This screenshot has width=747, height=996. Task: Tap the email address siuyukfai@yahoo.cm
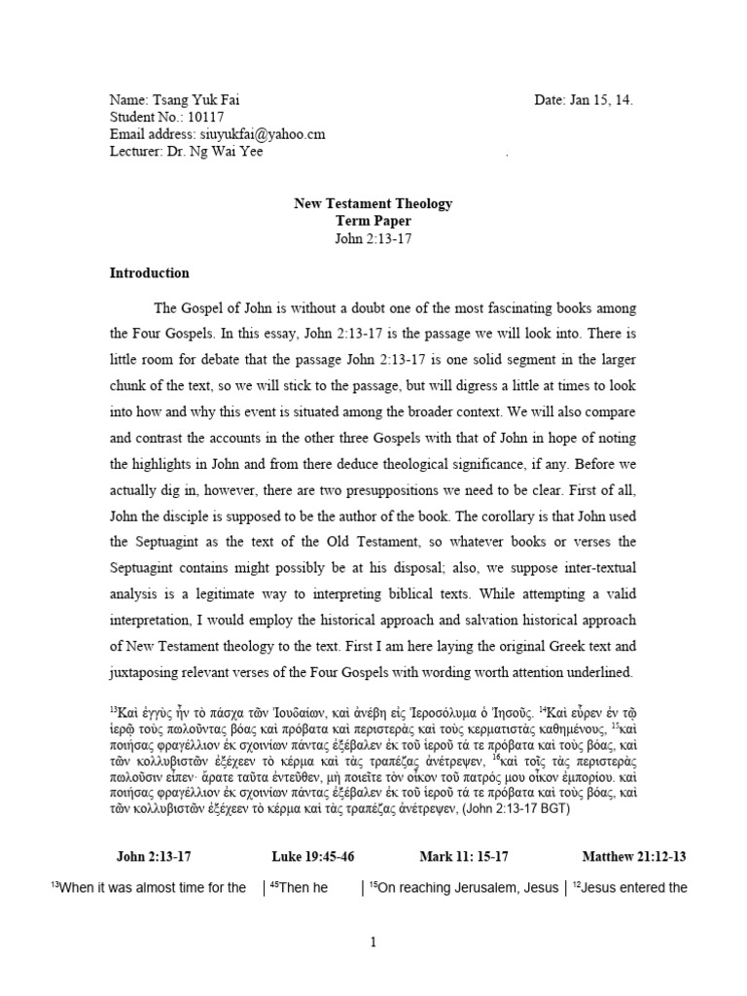(262, 134)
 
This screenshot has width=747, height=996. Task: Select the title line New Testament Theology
(373, 203)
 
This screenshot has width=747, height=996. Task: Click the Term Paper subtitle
(373, 221)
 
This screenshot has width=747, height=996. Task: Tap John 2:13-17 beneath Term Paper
(373, 238)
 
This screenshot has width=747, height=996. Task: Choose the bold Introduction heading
(149, 273)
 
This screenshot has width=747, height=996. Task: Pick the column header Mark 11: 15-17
(463, 856)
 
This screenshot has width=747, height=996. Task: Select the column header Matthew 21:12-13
(634, 856)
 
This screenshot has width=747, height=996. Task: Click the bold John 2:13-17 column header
(154, 856)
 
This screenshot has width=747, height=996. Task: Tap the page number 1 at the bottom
(373, 942)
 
